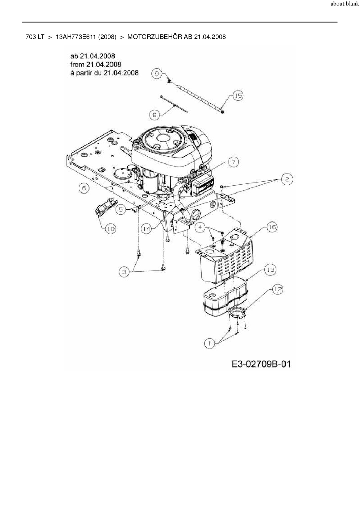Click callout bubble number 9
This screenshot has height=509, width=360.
click(x=157, y=74)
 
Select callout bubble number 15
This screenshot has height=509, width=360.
click(x=238, y=95)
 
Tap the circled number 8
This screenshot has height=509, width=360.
click(x=154, y=115)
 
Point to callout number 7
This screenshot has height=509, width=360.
click(x=234, y=162)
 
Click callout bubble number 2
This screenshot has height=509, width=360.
click(x=287, y=179)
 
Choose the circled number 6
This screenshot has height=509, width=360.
click(x=84, y=188)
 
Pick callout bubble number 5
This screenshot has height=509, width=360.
click(x=121, y=209)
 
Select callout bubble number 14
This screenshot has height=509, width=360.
click(x=147, y=229)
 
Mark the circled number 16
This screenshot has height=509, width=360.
click(x=272, y=227)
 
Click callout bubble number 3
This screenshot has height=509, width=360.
click(x=125, y=272)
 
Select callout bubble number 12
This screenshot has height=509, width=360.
click(x=278, y=289)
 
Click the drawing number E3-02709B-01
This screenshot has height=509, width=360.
click(x=261, y=364)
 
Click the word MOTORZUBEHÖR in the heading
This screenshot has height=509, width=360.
click(x=155, y=37)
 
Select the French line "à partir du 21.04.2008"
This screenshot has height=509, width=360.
click(x=104, y=73)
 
